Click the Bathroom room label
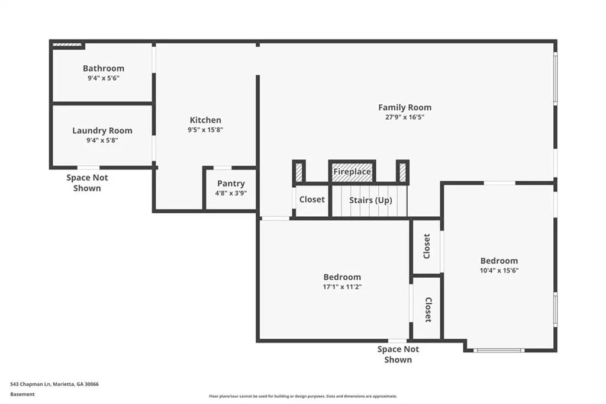[x=104, y=68]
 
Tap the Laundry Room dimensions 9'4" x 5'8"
[x=102, y=140]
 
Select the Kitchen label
[x=205, y=120]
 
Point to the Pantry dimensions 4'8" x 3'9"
[x=231, y=193]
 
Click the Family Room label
[x=405, y=108]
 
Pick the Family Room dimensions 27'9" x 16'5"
[x=405, y=117]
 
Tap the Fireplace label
[x=352, y=171]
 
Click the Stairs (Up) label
[x=370, y=200]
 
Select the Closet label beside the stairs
[x=312, y=199]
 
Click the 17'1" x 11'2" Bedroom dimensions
[x=342, y=287]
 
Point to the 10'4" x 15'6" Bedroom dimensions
[x=499, y=271]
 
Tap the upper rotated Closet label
[x=427, y=246]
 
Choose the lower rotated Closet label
[x=428, y=310]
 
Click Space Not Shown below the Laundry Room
[x=87, y=182]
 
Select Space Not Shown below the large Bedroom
[x=398, y=354]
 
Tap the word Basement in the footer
[x=22, y=395]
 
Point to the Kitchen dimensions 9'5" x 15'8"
[x=205, y=130]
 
